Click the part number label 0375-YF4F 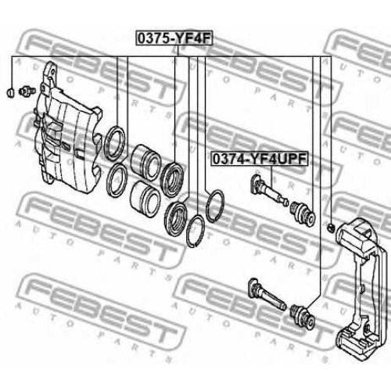(174, 38)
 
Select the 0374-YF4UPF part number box (260, 160)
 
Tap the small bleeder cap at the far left (10, 92)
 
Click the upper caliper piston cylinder (145, 162)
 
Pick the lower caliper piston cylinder (145, 199)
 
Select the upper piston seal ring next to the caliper (115, 143)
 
